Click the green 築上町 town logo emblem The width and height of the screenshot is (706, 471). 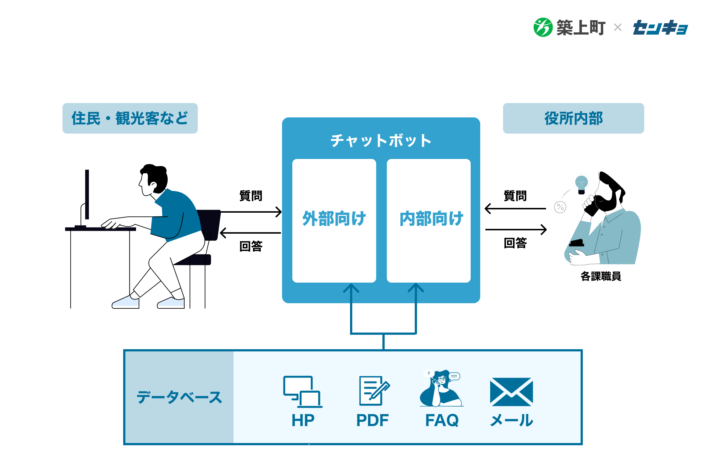[543, 28]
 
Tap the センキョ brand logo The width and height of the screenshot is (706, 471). [660, 28]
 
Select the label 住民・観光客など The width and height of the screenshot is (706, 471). [130, 118]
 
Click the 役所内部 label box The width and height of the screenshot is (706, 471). [573, 118]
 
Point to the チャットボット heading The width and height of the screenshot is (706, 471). [381, 141]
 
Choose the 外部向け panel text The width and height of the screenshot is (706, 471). [334, 219]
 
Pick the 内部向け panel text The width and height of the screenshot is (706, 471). [431, 219]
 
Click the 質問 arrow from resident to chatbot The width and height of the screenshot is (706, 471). [251, 212]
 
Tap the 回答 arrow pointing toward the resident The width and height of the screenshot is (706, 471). [251, 233]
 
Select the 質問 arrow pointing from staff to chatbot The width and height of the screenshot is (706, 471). [515, 209]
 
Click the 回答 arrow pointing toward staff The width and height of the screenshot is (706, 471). [516, 230]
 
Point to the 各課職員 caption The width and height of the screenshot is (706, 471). [601, 276]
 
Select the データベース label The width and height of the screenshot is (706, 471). [179, 397]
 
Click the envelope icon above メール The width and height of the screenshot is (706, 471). [511, 392]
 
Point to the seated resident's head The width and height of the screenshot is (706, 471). [154, 179]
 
